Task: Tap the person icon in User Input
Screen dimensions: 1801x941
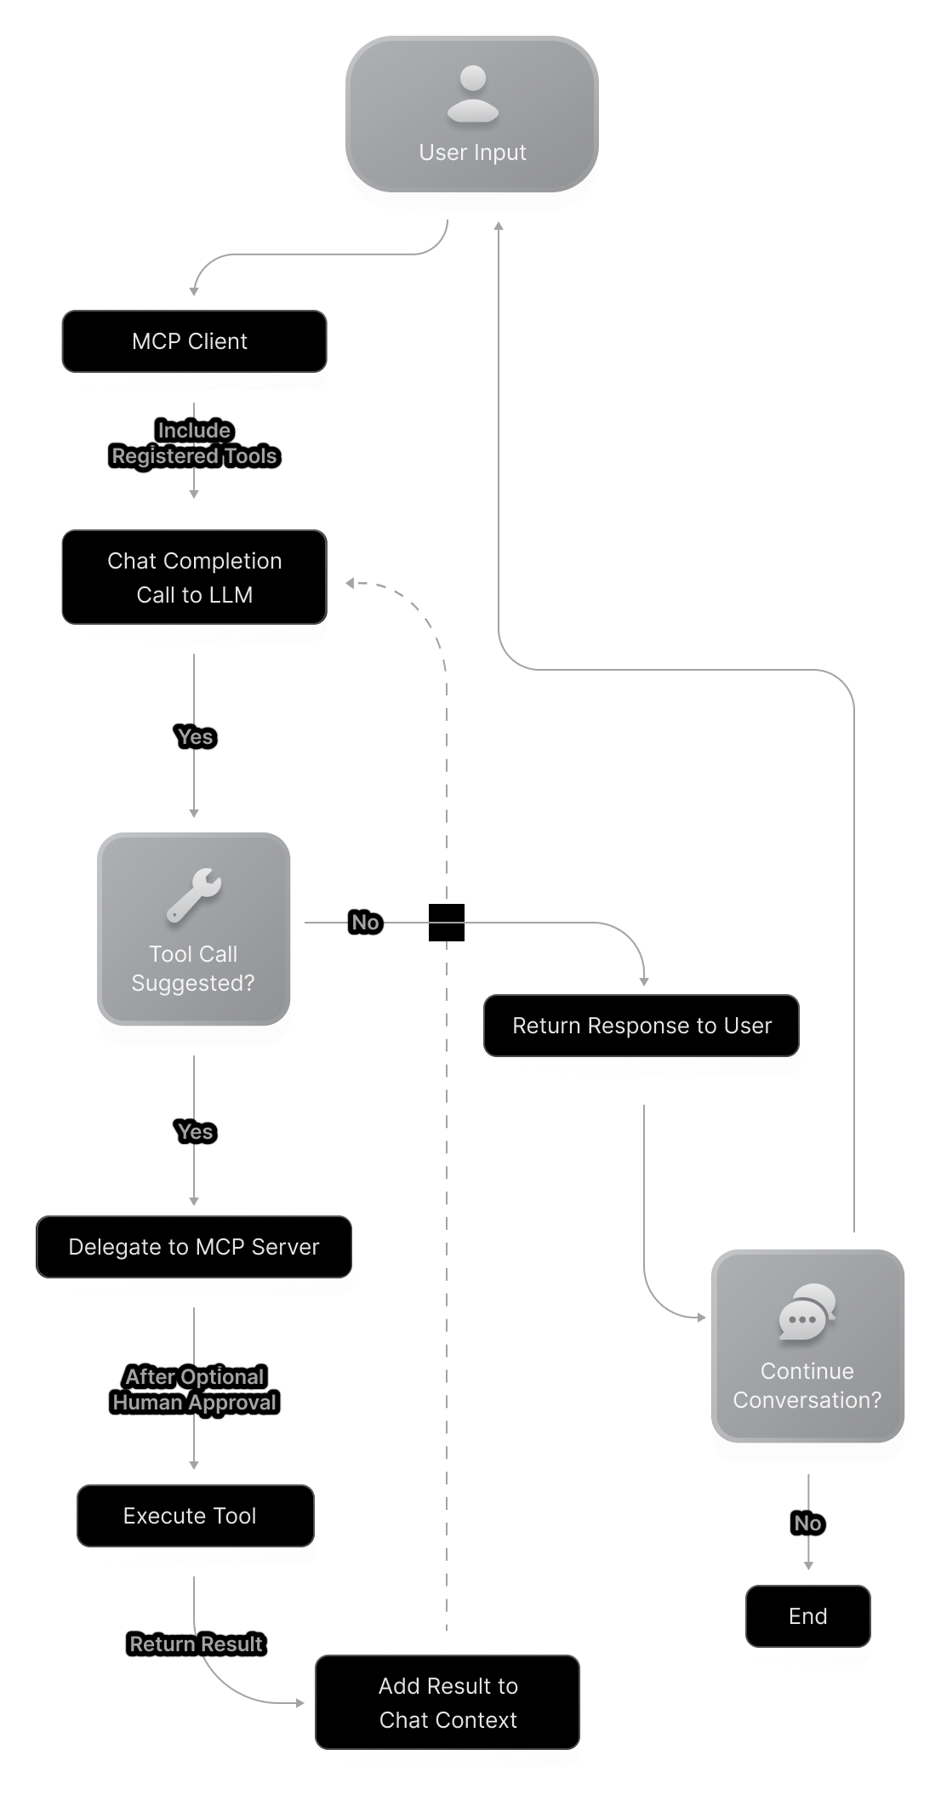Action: [x=472, y=94]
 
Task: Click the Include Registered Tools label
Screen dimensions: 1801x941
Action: [x=194, y=443]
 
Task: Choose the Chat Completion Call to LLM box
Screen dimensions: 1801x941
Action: [x=194, y=578]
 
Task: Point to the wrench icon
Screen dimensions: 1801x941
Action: [x=194, y=895]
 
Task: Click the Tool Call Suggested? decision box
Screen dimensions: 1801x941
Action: [x=194, y=929]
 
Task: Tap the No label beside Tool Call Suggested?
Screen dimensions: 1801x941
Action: [x=365, y=923]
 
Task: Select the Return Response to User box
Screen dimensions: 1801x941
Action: [x=642, y=1026]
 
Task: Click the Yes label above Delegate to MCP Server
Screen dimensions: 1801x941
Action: [x=195, y=1132]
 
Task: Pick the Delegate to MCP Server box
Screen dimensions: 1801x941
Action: [x=194, y=1247]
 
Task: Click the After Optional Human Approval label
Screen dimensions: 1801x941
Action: [x=194, y=1390]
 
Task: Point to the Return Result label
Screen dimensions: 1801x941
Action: [x=196, y=1644]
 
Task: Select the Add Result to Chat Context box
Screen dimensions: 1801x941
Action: [x=448, y=1703]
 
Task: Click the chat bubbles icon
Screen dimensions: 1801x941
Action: [x=807, y=1312]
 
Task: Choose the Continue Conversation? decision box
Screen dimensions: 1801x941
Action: [x=807, y=1346]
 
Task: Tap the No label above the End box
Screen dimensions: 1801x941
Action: [x=807, y=1524]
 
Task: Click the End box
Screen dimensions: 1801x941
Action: [x=807, y=1616]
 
